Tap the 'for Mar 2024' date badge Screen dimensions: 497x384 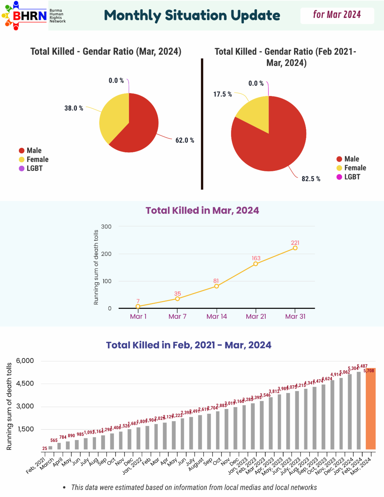pos(337,15)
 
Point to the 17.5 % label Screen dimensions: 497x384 pos(222,94)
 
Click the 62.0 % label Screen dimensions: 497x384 pos(185,140)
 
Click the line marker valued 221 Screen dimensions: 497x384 pos(295,248)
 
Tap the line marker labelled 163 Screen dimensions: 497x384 pos(256,264)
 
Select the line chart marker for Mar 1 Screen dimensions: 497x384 pos(138,306)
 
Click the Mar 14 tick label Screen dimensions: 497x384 pos(217,317)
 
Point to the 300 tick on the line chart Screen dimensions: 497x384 pos(106,227)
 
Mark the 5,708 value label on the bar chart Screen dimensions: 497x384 pos(369,371)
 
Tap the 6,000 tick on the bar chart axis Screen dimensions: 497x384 pos(25,361)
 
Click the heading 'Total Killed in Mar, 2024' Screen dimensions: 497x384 pos(202,210)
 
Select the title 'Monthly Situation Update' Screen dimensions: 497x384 pos(192,15)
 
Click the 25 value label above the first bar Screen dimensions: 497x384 pos(45,448)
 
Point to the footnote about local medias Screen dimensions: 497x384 pos(194,487)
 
